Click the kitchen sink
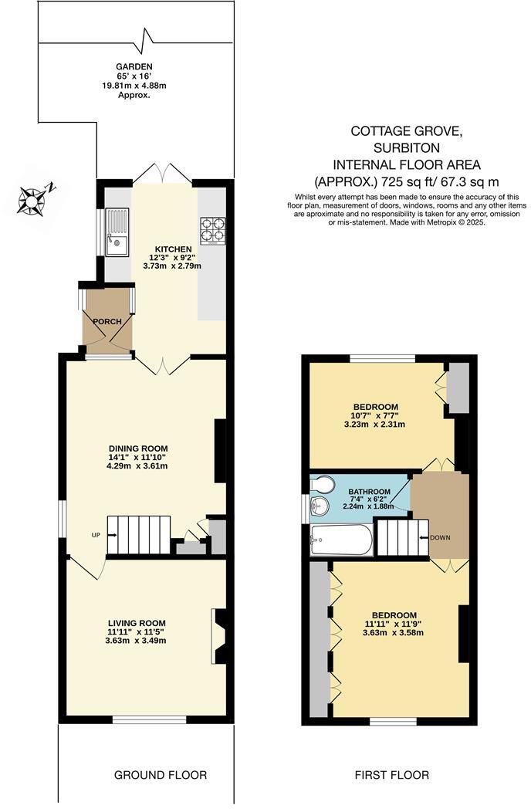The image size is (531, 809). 117,233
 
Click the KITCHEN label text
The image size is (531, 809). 173,249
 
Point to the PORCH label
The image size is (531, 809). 106,320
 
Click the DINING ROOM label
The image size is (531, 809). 138,448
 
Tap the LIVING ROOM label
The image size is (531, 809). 137,622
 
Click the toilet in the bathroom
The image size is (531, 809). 323,485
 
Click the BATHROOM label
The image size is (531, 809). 369,490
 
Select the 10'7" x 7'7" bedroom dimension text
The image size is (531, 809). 374,415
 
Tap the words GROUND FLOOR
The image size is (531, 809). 161,774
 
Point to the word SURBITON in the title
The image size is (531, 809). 407,147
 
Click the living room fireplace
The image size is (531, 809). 218,636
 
